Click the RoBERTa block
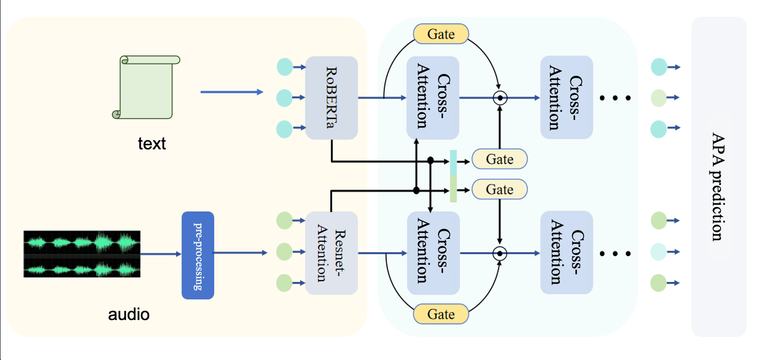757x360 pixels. click(x=331, y=98)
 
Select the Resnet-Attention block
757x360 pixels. click(x=331, y=253)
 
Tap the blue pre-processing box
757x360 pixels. click(x=198, y=255)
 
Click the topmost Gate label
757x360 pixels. click(x=441, y=34)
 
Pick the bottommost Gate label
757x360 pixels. click(x=441, y=314)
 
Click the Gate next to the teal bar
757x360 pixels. click(x=500, y=159)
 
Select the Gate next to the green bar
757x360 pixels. click(x=500, y=189)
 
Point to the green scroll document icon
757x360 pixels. click(x=146, y=87)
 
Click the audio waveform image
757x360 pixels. click(x=82, y=254)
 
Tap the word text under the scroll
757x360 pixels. click(x=152, y=144)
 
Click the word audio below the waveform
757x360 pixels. click(x=128, y=315)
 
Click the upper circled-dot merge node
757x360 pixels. click(x=500, y=98)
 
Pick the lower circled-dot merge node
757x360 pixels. click(x=500, y=253)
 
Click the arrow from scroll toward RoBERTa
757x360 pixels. click(x=231, y=92)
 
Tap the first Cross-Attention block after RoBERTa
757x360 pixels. click(x=433, y=98)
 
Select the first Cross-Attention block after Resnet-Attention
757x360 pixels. click(x=433, y=253)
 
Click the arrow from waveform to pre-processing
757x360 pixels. click(x=161, y=254)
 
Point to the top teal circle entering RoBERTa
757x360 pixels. click(x=285, y=67)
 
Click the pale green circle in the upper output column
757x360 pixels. click(x=659, y=98)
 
